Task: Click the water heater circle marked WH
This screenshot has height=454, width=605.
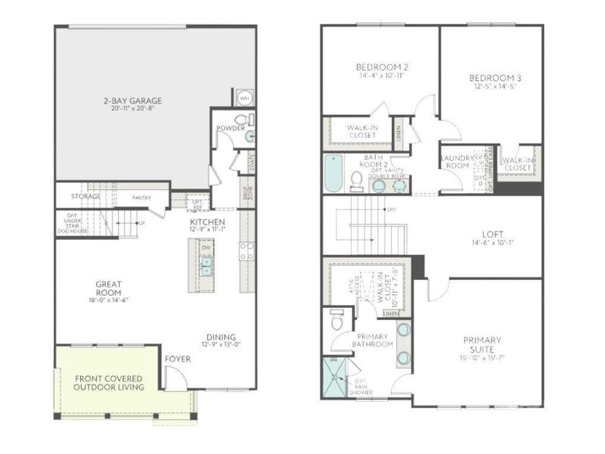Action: [245, 98]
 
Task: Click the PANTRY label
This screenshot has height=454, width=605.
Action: [141, 198]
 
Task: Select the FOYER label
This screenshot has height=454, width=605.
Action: [178, 359]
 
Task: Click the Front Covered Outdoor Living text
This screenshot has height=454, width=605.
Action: [107, 382]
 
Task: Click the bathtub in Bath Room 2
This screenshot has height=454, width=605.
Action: [333, 173]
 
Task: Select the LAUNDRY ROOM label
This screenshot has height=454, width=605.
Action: [456, 161]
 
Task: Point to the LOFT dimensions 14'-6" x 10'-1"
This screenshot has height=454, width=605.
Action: [494, 243]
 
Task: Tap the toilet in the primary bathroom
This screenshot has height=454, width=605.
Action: [337, 320]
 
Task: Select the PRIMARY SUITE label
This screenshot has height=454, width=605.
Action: [483, 344]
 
